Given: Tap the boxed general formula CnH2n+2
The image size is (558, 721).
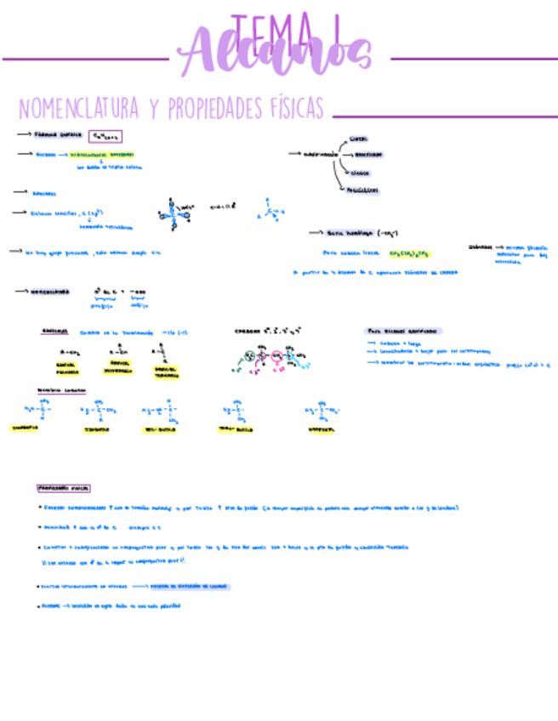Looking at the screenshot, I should coord(105,136).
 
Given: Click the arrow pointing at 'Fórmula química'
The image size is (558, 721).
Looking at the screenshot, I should coord(23,134).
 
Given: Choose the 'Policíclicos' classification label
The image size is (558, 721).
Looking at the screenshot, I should coord(363,190).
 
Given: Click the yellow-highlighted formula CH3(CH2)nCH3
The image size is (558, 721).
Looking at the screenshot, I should coord(411,253).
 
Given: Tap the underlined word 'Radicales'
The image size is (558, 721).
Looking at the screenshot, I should coord(55,332).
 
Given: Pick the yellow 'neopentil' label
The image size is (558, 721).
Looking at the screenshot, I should coord(316,429).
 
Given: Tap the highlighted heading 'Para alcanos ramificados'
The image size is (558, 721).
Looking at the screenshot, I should coord(404,331).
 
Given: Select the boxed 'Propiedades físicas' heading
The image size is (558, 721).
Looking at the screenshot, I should coord(64,488).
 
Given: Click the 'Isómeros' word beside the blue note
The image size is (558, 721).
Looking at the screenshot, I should coord(479,247).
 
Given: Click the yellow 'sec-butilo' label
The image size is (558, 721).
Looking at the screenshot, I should coord(162,429).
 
